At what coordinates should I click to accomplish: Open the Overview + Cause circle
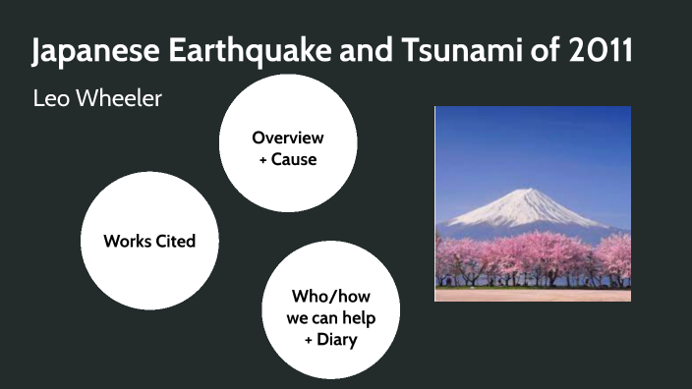(x=287, y=145)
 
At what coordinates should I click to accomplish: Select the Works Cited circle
(x=149, y=241)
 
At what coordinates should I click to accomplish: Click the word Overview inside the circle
(x=287, y=137)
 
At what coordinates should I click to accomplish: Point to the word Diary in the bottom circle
(x=337, y=340)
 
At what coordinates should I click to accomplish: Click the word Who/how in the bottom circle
(x=330, y=296)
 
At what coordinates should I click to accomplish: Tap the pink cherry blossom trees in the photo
(x=531, y=257)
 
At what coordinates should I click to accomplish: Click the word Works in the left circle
(x=126, y=241)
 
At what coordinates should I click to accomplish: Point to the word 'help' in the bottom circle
(x=357, y=317)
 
